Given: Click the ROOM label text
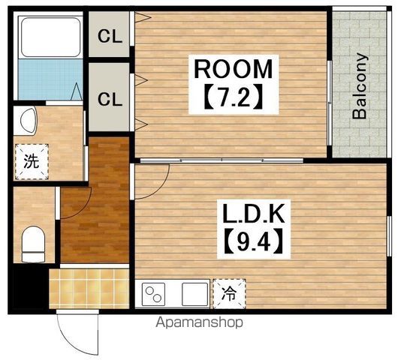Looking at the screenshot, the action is click(234, 69).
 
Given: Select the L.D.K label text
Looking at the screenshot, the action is click(253, 214).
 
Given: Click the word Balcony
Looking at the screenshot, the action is click(360, 85).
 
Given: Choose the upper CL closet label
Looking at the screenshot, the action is click(110, 36).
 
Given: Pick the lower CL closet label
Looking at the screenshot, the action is click(110, 99).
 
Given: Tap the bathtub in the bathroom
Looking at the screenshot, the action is click(50, 37).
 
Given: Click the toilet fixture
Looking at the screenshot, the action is click(33, 244).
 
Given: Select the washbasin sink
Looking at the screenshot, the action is click(26, 121).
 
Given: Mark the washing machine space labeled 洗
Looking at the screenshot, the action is click(32, 161).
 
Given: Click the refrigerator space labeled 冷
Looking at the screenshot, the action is click(229, 293).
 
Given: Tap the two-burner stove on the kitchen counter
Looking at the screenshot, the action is click(153, 294).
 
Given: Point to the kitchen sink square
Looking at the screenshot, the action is click(194, 294).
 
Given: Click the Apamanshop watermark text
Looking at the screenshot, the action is click(199, 322).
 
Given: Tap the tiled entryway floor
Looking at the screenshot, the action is click(89, 289).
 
